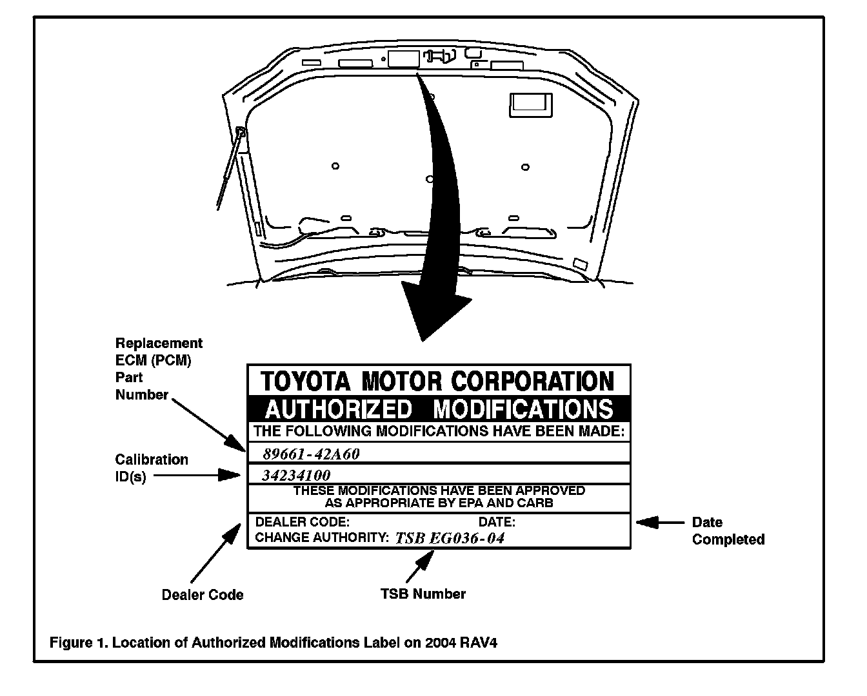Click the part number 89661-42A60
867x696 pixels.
point(311,454)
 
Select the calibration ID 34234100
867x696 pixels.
point(296,476)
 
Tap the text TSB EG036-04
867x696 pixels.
point(450,538)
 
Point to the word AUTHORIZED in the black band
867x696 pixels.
point(338,409)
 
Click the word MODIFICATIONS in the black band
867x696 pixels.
point(523,409)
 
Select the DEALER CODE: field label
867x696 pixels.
point(303,522)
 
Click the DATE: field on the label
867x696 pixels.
point(497,522)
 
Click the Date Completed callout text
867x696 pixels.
point(728,531)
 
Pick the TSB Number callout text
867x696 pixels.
point(423,594)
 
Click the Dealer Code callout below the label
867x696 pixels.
point(203,595)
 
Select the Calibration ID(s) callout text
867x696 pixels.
point(152,469)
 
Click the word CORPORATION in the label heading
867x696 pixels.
point(532,381)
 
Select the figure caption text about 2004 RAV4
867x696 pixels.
point(274,643)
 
